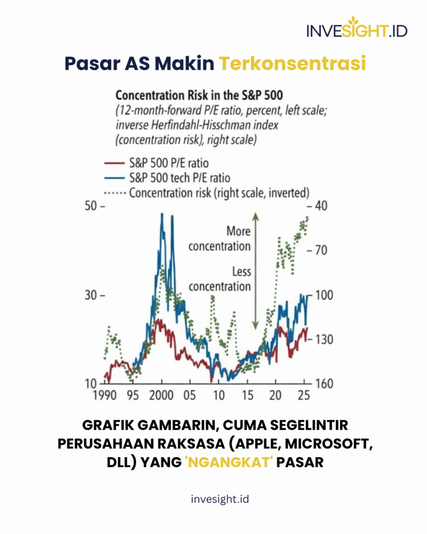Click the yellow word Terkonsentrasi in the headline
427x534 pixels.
291,63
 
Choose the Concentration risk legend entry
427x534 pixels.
219,192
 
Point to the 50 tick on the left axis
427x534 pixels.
92,206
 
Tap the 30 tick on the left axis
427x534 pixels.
92,295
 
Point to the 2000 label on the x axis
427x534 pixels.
162,396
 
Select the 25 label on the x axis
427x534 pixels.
303,396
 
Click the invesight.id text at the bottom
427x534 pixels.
213,500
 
